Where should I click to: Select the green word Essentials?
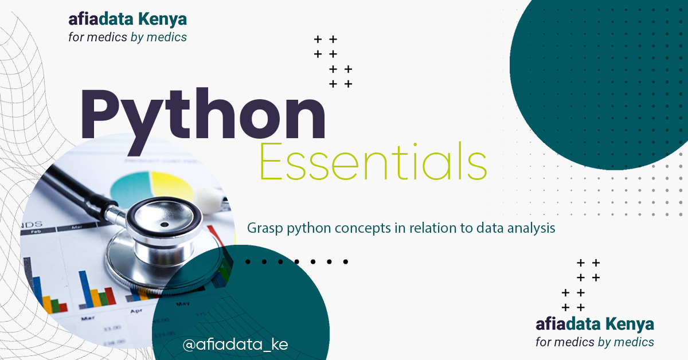[x=373, y=164]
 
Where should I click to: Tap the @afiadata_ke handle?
[x=235, y=345]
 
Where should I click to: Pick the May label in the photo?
[x=183, y=303]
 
